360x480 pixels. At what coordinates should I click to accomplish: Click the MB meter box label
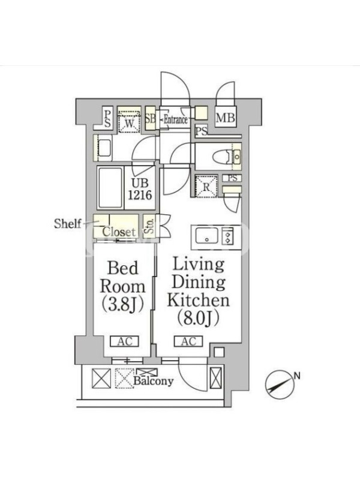tap(226, 118)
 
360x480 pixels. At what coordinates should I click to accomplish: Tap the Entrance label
tap(175, 119)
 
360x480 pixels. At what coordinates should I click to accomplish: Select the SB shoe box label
tap(151, 118)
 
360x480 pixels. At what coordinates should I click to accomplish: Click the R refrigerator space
tap(206, 187)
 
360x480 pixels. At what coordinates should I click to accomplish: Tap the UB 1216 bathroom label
tap(140, 189)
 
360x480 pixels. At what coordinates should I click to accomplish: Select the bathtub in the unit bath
tap(110, 187)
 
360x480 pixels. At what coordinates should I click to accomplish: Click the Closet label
tap(119, 232)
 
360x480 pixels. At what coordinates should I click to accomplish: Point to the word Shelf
tap(68, 223)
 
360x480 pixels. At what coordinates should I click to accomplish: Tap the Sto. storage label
tap(150, 227)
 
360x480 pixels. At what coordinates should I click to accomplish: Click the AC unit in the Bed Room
tap(125, 341)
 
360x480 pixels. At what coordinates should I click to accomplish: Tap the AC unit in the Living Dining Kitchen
tap(188, 341)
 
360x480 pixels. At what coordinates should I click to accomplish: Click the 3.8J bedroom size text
tap(122, 305)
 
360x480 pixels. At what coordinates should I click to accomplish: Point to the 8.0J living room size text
tap(198, 319)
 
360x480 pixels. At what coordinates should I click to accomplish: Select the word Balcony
tap(154, 381)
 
